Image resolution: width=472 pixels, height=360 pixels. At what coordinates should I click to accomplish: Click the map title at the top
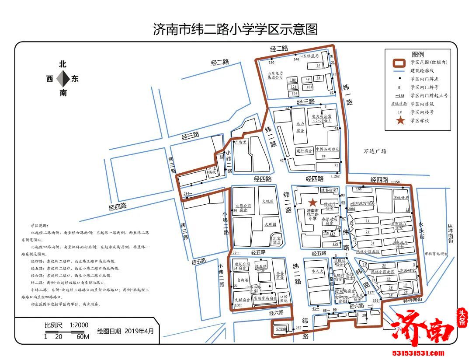235,30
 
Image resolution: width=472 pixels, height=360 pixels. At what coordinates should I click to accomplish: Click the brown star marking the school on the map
312,203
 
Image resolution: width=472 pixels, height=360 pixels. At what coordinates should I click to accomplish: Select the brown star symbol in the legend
400,120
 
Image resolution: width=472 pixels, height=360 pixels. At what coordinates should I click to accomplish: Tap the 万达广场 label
375,151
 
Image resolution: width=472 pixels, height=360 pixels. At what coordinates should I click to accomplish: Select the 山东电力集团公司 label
275,75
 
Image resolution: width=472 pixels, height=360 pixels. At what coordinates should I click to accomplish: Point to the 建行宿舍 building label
304,151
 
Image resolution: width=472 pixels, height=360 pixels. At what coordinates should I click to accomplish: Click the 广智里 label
240,142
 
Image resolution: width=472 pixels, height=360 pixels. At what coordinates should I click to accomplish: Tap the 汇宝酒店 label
276,240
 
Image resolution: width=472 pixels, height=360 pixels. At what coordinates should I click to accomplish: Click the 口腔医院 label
283,298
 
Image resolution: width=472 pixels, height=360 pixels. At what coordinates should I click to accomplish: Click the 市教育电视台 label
436,254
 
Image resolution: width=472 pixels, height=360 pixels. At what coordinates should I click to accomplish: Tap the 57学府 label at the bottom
280,329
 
